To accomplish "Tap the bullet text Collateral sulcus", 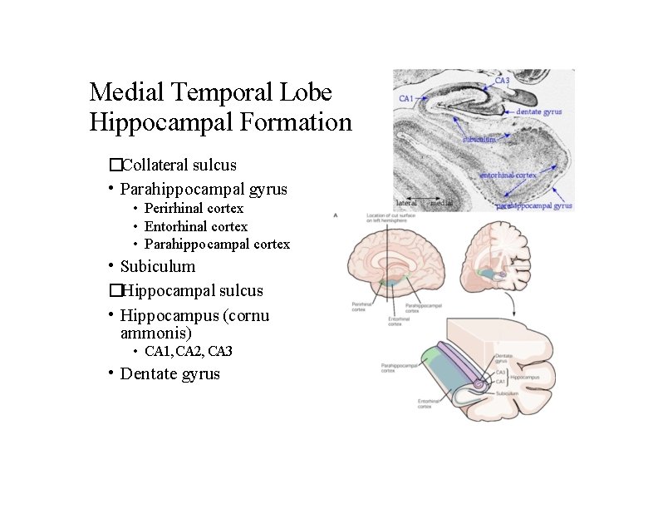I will pyautogui.click(x=179, y=165).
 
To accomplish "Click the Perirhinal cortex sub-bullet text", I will pyautogui.click(x=194, y=208).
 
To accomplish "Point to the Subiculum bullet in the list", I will pyautogui.click(x=158, y=267).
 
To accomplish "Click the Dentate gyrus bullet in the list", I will pyautogui.click(x=170, y=374).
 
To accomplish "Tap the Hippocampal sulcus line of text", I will pyautogui.click(x=192, y=290).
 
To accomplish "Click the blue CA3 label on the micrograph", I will pyautogui.click(x=503, y=81).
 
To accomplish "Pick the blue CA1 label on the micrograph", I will pyautogui.click(x=406, y=99).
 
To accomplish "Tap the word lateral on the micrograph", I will pyautogui.click(x=406, y=202).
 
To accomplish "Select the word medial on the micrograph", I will pyautogui.click(x=442, y=202).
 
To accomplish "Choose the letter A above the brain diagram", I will pyautogui.click(x=336, y=215).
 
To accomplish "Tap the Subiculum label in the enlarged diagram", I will pyautogui.click(x=509, y=391).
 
